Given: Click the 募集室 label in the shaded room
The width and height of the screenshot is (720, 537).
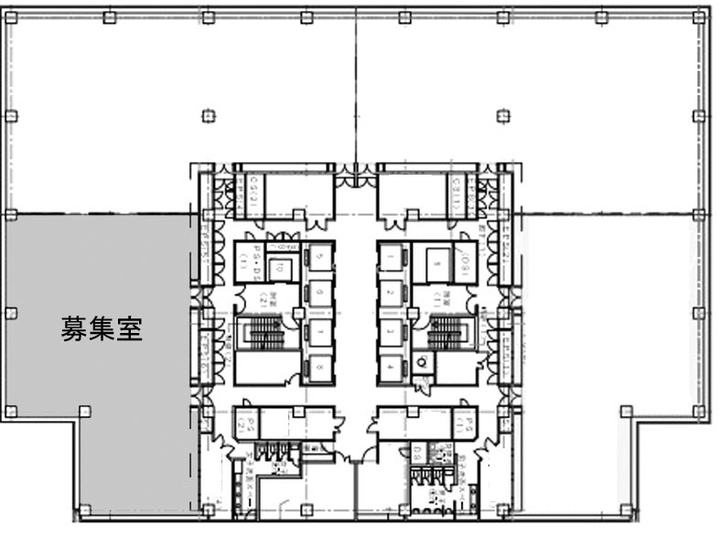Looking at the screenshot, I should (x=102, y=328).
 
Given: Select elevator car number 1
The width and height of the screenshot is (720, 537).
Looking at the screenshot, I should (x=392, y=260).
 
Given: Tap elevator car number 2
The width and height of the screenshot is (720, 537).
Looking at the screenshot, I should (x=392, y=294).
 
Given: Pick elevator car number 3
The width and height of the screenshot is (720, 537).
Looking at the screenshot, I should (x=392, y=330).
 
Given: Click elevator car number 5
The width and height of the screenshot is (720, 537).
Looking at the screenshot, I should (x=319, y=257).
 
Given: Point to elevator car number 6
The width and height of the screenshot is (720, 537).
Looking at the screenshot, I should (x=319, y=293).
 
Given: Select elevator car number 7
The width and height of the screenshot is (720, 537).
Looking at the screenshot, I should (x=319, y=329).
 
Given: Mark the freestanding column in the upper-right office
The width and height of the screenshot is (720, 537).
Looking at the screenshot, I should (x=501, y=115).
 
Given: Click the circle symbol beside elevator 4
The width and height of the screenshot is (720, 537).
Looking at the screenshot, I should (x=422, y=361).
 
